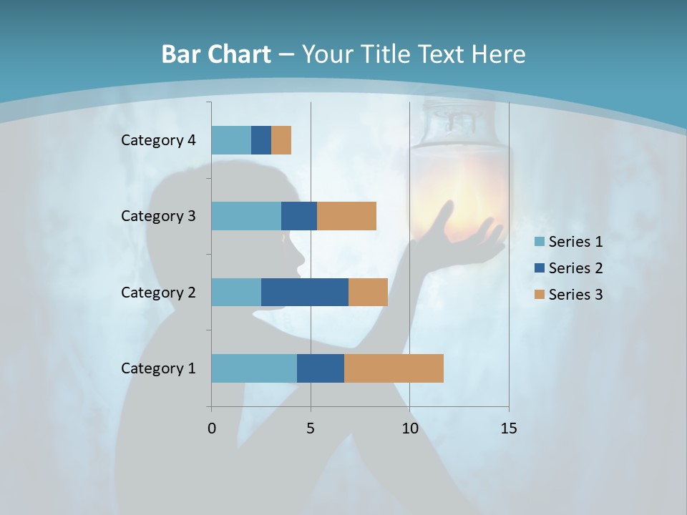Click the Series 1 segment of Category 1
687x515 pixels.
tap(254, 368)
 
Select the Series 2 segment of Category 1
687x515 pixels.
tap(321, 368)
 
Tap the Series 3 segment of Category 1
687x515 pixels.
tap(394, 368)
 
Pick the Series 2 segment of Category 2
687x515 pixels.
tap(305, 292)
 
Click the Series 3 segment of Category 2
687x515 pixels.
tap(368, 292)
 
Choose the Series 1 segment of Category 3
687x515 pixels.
tap(246, 216)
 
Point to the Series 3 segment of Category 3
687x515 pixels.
tap(346, 216)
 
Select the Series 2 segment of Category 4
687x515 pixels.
tap(261, 140)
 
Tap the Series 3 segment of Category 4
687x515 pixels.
tap(281, 140)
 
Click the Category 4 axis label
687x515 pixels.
tap(158, 140)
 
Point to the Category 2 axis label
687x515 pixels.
tap(158, 292)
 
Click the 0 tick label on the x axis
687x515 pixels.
tap(212, 428)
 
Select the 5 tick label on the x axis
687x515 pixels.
tap(311, 428)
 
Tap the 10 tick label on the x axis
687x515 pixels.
tap(409, 428)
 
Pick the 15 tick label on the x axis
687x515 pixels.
tap(509, 428)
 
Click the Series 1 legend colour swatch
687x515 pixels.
tap(539, 242)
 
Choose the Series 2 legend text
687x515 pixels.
tap(575, 268)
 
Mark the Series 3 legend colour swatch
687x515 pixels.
tap(539, 295)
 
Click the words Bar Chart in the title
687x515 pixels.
tap(216, 54)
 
